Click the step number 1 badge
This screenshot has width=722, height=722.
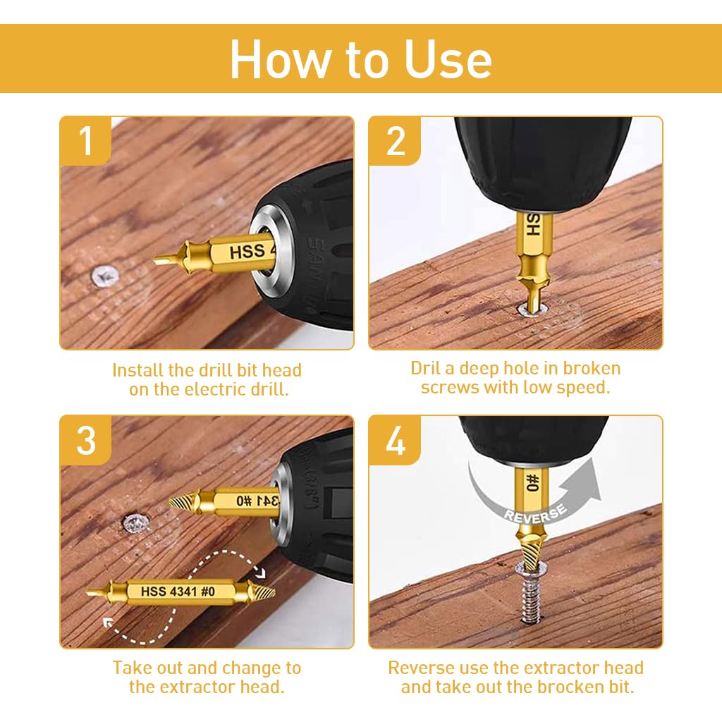pyautogui.click(x=85, y=140)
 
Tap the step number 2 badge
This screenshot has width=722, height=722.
pyautogui.click(x=396, y=140)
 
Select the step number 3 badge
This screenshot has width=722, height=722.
pyautogui.click(x=85, y=440)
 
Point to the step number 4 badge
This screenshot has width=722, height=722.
pyautogui.click(x=396, y=440)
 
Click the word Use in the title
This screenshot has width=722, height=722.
pyautogui.click(x=448, y=59)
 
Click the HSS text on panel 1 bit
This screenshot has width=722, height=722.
pyautogui.click(x=247, y=251)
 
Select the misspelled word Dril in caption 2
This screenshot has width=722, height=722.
pyautogui.click(x=429, y=368)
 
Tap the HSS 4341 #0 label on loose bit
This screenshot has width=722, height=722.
pyautogui.click(x=178, y=592)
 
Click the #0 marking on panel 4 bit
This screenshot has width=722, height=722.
pyautogui.click(x=533, y=482)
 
